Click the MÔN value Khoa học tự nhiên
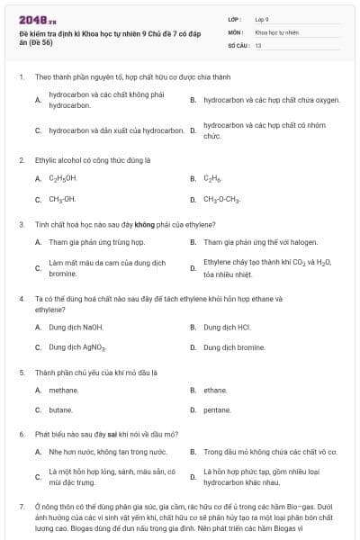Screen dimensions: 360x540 pyautogui.click(x=275, y=31)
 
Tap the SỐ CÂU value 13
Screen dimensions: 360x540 pyautogui.click(x=258, y=44)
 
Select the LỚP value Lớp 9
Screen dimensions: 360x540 pyautogui.click(x=262, y=19)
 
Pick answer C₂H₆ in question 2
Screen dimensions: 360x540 pyautogui.click(x=212, y=178)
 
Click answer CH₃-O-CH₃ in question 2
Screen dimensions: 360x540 pyautogui.click(x=221, y=199)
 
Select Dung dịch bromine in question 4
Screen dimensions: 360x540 pyautogui.click(x=234, y=346)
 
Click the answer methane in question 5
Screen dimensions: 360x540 pyautogui.click(x=64, y=390)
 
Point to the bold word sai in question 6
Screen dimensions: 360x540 pyautogui.click(x=106, y=434)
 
